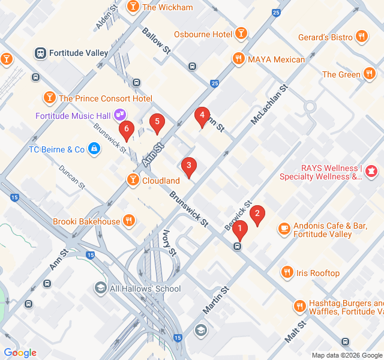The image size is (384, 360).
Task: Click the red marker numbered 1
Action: [x=240, y=229]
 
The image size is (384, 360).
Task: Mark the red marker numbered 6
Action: [x=126, y=129]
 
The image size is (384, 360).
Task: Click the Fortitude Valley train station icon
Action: [x=41, y=53]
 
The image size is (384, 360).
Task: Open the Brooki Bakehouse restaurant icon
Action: [x=128, y=221]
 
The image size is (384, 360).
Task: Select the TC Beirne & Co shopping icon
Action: [x=94, y=148]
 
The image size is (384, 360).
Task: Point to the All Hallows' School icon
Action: [x=100, y=289]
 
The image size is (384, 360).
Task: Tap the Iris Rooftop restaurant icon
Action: [x=287, y=273]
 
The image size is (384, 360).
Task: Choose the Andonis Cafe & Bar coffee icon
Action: [x=284, y=229]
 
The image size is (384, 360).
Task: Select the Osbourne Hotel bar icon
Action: [x=241, y=34]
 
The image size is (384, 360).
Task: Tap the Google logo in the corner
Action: [x=20, y=353]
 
